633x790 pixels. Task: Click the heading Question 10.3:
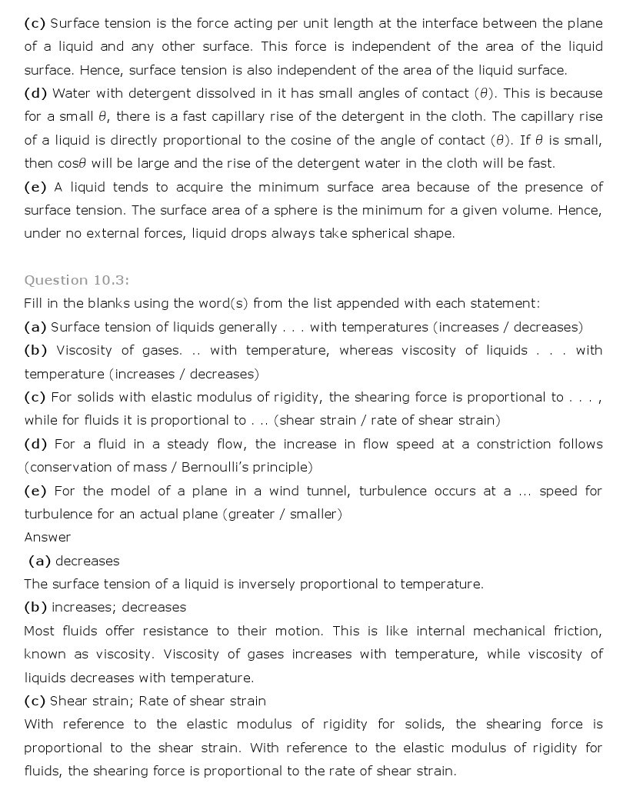[x=76, y=280]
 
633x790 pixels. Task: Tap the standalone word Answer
[x=47, y=537]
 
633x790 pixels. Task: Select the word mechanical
[x=507, y=631]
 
